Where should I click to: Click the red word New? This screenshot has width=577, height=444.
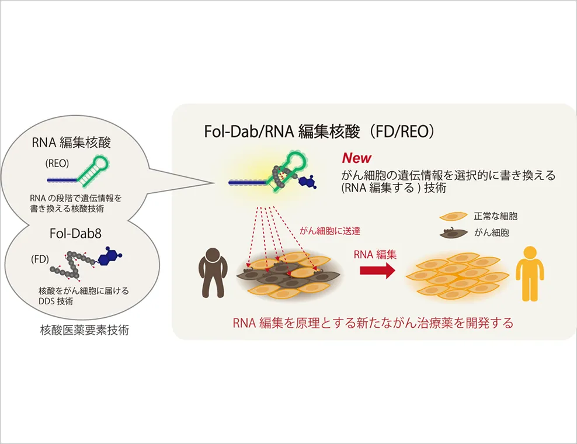pyautogui.click(x=357, y=158)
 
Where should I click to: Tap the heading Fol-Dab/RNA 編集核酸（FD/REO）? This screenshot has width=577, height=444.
pyautogui.click(x=319, y=131)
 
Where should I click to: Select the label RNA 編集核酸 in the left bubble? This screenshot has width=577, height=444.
pyautogui.click(x=71, y=143)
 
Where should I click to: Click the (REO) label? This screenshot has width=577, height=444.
pyautogui.click(x=57, y=164)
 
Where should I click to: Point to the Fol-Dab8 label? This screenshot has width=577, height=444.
pyautogui.click(x=75, y=234)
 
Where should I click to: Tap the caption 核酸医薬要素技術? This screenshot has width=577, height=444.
pyautogui.click(x=84, y=330)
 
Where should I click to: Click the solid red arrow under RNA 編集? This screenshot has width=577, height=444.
pyautogui.click(x=377, y=270)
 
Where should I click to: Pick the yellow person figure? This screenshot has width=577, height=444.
pyautogui.click(x=530, y=274)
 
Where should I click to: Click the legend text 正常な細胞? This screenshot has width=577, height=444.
pyautogui.click(x=495, y=216)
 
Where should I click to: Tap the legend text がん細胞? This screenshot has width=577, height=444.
pyautogui.click(x=492, y=233)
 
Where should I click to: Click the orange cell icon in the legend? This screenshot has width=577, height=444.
pyautogui.click(x=453, y=217)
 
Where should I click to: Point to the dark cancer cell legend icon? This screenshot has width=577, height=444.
pyautogui.click(x=453, y=233)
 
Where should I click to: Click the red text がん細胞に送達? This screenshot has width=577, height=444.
pyautogui.click(x=330, y=231)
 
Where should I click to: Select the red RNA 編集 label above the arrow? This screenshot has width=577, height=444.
pyautogui.click(x=375, y=254)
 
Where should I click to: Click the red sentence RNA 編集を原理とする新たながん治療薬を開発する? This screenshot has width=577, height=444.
pyautogui.click(x=373, y=323)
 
